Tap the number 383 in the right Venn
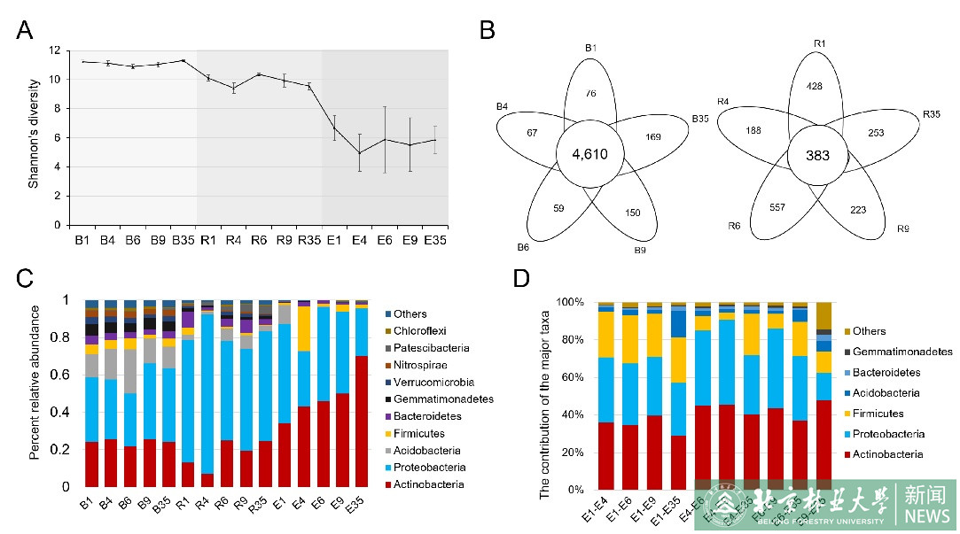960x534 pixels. click(x=816, y=155)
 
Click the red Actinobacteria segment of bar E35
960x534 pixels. click(x=362, y=421)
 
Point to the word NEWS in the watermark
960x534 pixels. click(x=927, y=516)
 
